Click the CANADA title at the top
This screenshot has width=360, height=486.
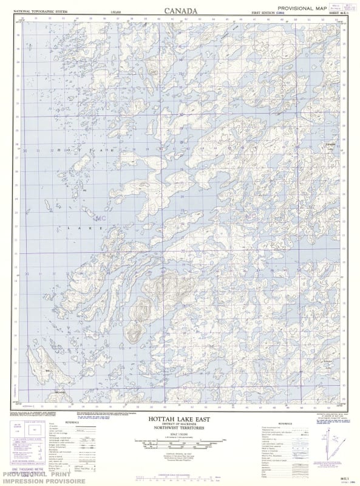pyautogui.click(x=180, y=10)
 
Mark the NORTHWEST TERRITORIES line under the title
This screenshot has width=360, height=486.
pyautogui.click(x=180, y=430)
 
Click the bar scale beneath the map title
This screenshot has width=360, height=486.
pyautogui.click(x=180, y=444)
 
